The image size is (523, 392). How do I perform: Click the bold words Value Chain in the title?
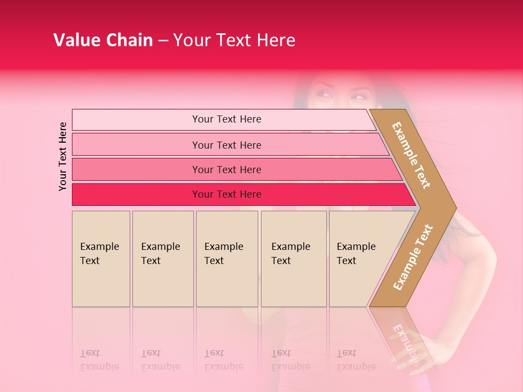tap(103, 40)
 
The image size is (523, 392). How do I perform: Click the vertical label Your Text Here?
tap(63, 156)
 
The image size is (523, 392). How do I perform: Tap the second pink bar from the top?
tap(226, 145)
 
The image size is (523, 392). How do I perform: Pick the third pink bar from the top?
tap(226, 169)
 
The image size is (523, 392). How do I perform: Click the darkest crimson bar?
tap(226, 194)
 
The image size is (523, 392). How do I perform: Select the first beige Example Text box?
tap(101, 259)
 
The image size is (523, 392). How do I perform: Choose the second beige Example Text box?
tap(162, 259)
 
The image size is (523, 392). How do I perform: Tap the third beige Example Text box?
tap(227, 259)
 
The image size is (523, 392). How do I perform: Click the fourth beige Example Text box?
tap(293, 259)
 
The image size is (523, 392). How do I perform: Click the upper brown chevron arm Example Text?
tap(412, 155)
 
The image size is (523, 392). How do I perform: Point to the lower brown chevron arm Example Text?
tap(413, 257)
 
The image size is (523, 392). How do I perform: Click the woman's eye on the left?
tap(324, 95)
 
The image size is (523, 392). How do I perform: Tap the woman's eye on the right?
tap(358, 97)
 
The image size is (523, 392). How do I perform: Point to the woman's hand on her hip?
tap(436, 348)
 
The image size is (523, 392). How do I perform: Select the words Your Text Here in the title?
tap(234, 40)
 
